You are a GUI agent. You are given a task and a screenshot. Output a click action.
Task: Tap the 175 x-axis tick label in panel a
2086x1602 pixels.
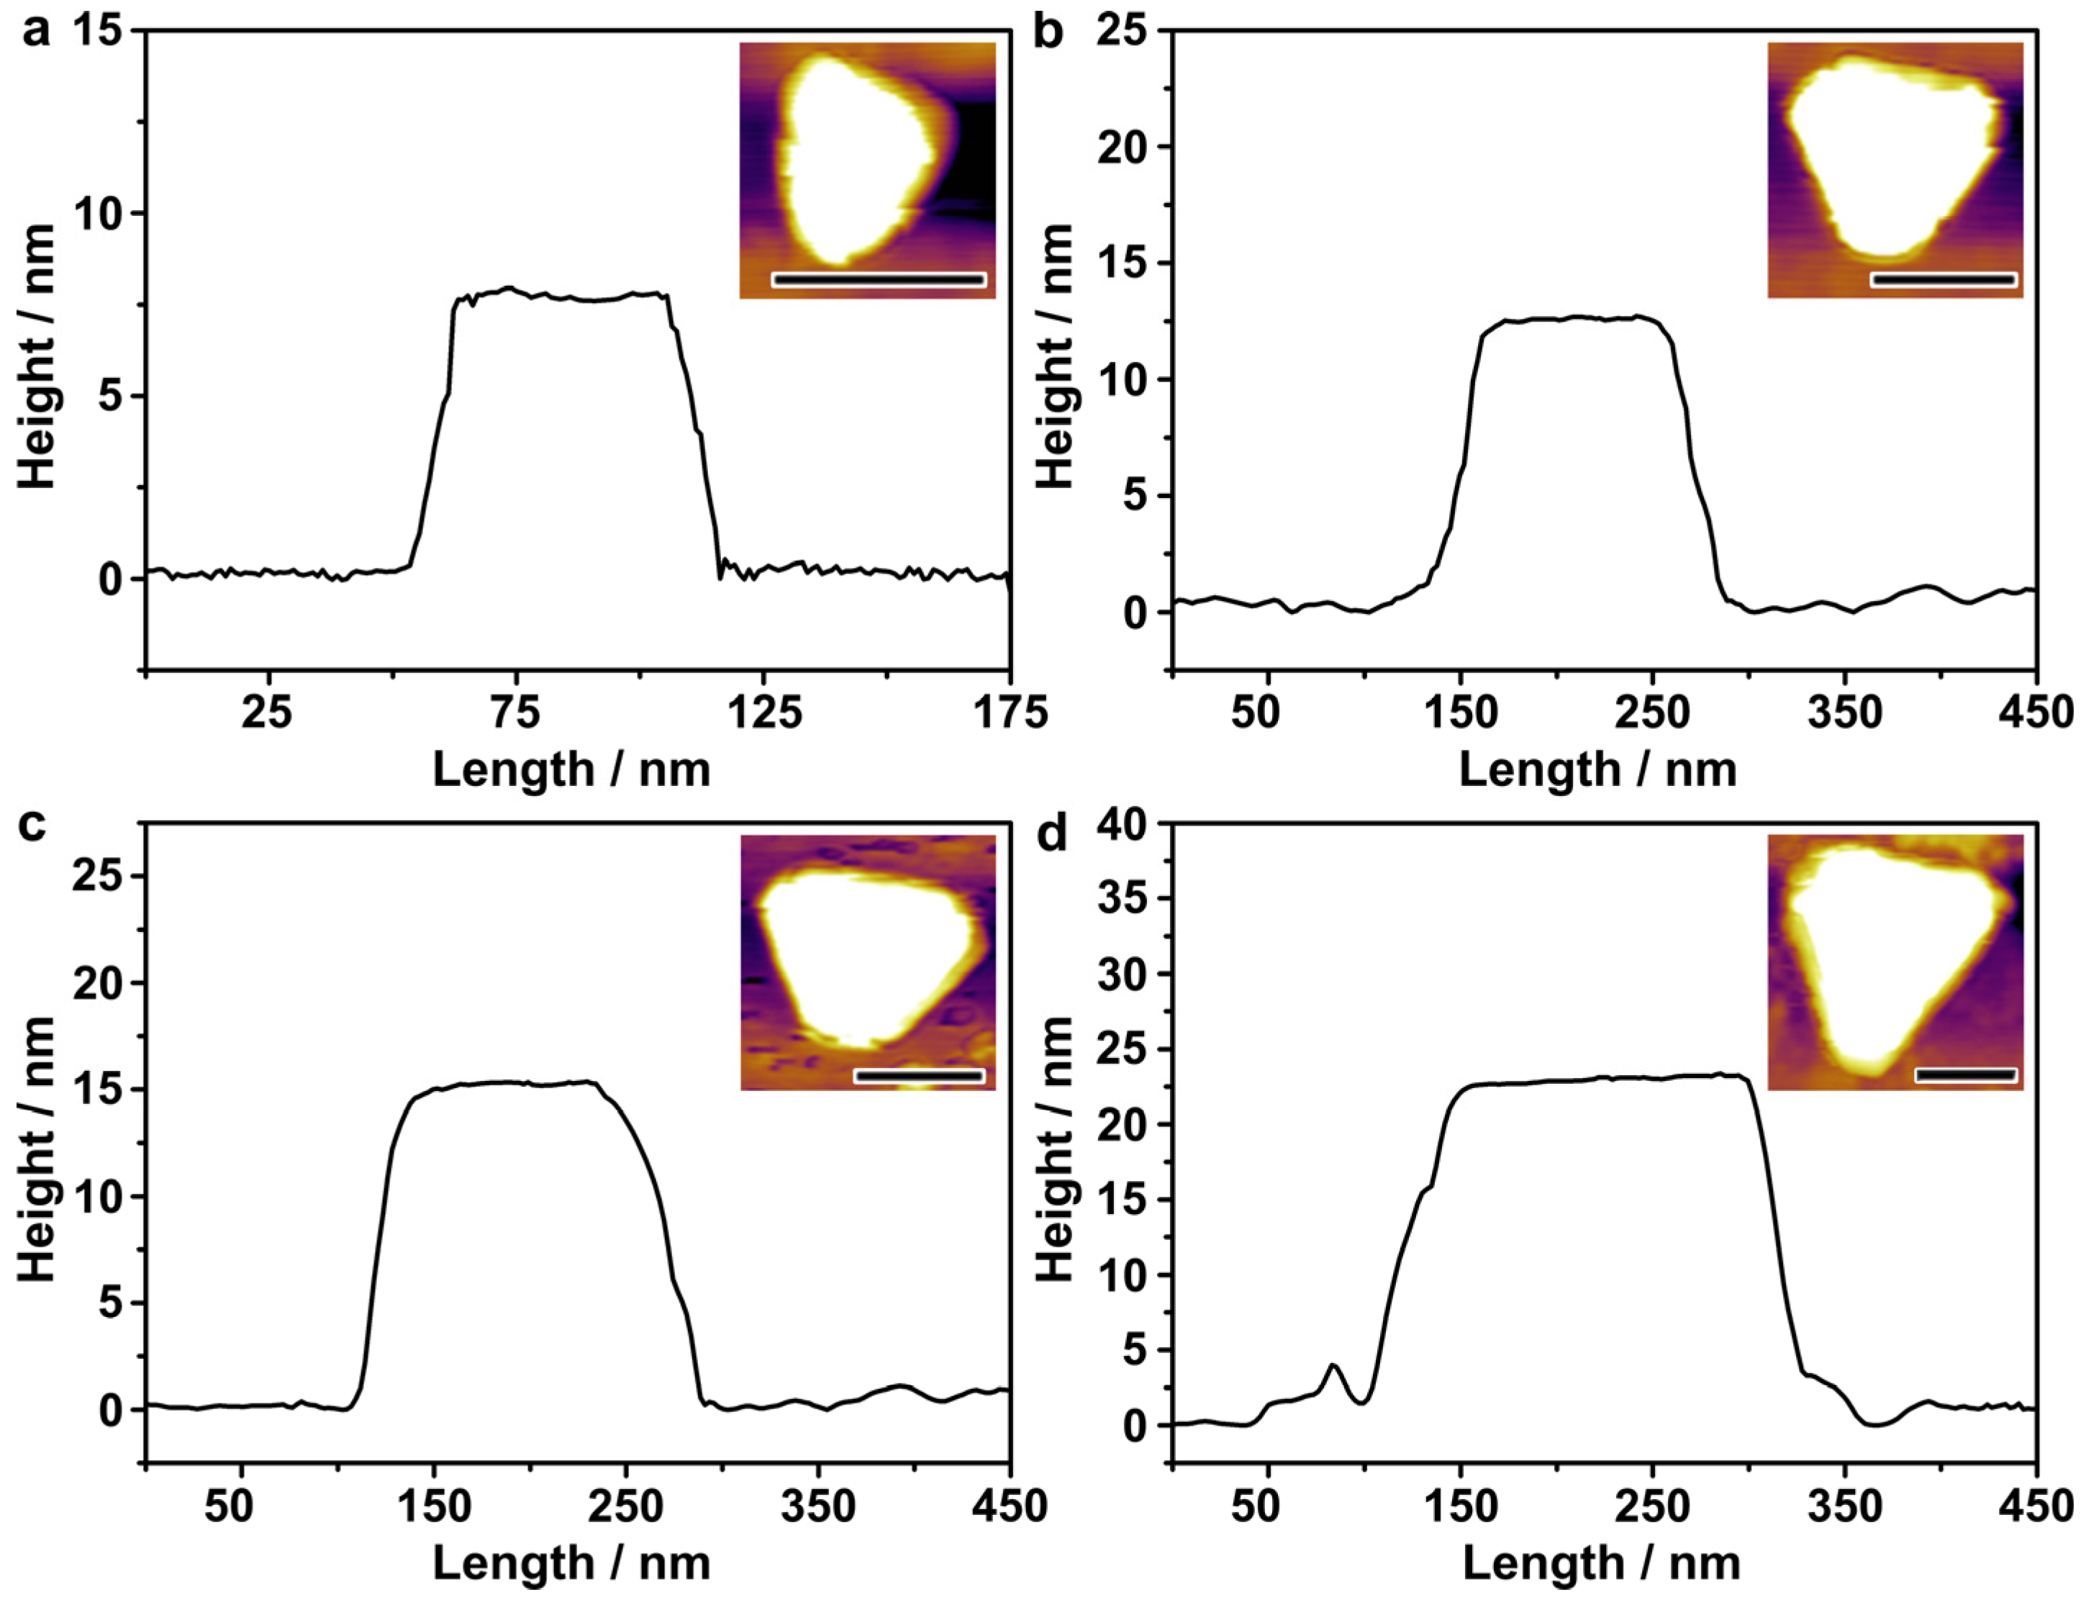pyautogui.click(x=1010, y=713)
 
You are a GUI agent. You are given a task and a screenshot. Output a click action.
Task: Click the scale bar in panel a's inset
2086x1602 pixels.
pyautogui.click(x=878, y=279)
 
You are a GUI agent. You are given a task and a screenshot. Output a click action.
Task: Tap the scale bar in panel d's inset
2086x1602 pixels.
pyautogui.click(x=1966, y=1074)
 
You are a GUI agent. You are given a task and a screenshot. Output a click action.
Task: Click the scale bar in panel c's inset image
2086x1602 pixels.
pyautogui.click(x=919, y=1076)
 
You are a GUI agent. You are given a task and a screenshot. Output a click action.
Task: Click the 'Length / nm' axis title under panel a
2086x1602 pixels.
pyautogui.click(x=572, y=769)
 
